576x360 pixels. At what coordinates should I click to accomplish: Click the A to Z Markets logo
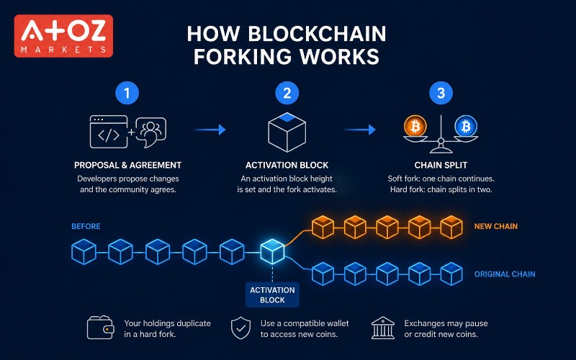(x=63, y=36)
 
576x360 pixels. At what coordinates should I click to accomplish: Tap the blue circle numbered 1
(x=127, y=93)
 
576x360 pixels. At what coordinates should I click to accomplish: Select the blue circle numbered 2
(x=287, y=93)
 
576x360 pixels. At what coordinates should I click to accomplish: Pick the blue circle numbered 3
(x=441, y=93)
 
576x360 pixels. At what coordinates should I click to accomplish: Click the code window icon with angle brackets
(x=109, y=132)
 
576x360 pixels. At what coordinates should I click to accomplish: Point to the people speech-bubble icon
(x=151, y=132)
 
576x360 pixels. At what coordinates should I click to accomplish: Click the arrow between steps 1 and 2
(x=210, y=130)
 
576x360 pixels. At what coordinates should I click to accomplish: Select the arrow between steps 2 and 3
(x=359, y=130)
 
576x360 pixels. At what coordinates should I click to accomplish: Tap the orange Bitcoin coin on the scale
(x=415, y=127)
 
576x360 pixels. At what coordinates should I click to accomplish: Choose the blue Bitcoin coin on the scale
(x=466, y=127)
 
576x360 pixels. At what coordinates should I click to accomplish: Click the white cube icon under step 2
(x=287, y=132)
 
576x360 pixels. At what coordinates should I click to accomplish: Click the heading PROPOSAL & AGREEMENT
(x=128, y=166)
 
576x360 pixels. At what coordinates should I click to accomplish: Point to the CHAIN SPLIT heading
(x=441, y=166)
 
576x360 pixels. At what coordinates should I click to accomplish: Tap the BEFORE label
(x=86, y=226)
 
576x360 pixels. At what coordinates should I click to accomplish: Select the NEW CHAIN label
(x=496, y=226)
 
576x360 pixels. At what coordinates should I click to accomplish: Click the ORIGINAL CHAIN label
(x=505, y=274)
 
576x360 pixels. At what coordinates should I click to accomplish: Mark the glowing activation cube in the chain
(x=272, y=251)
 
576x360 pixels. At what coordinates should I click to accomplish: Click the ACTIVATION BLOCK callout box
(x=272, y=295)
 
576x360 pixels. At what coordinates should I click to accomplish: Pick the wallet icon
(x=101, y=328)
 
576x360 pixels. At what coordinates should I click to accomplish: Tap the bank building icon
(x=383, y=328)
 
